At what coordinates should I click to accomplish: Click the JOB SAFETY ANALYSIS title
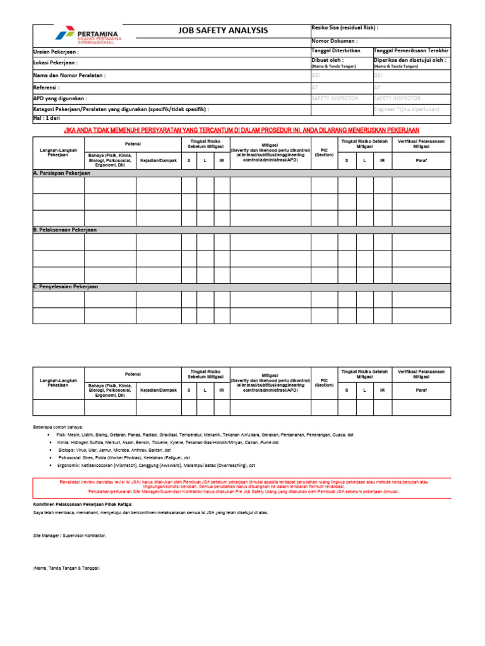coord(224,30)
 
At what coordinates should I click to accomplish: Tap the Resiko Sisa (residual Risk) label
coord(345,28)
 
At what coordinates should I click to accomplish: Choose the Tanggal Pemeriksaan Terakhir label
coord(411,50)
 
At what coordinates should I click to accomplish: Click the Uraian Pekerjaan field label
coord(56,52)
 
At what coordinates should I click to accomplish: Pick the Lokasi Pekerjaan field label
coord(55,63)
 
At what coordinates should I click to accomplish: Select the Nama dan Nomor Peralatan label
coord(69,75)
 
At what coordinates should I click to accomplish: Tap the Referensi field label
coord(46,87)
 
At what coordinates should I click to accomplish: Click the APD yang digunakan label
coord(60,98)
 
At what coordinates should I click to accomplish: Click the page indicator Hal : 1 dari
coord(47,118)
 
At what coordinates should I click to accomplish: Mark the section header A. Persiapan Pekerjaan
coord(62,173)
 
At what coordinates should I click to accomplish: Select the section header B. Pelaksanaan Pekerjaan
coord(64,230)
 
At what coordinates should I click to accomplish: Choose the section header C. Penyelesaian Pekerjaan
coord(66,286)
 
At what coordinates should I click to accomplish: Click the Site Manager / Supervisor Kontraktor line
coord(70,535)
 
